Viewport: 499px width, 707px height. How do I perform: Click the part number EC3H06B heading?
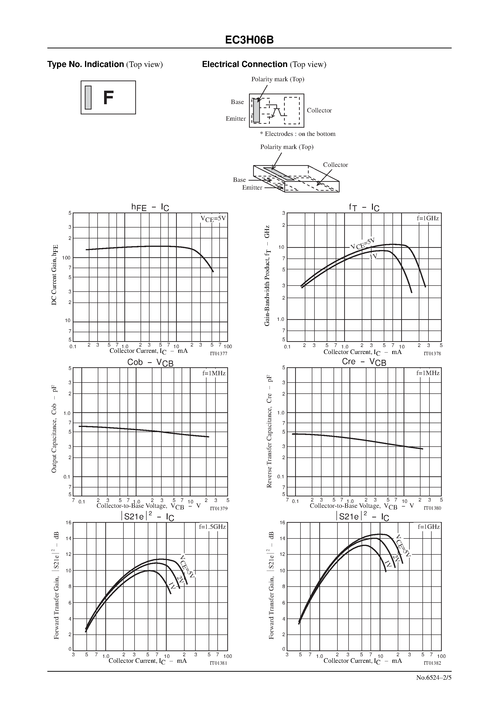[249, 40]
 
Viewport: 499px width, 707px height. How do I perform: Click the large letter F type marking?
[108, 98]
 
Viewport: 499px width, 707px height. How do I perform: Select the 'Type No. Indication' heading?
[86, 64]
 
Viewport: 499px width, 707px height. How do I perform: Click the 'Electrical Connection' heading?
[245, 64]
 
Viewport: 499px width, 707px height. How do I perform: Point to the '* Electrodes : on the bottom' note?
[298, 134]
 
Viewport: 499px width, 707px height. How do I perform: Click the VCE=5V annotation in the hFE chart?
[213, 219]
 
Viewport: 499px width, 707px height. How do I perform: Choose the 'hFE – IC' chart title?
[150, 207]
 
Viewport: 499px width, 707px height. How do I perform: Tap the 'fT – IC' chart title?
[364, 207]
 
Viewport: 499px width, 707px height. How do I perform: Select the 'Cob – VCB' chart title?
[150, 362]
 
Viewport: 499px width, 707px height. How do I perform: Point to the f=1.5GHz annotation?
[212, 527]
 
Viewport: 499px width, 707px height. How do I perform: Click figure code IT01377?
[218, 353]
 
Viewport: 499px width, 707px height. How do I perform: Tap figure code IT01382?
[432, 663]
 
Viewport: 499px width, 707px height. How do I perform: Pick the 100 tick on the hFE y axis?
[66, 258]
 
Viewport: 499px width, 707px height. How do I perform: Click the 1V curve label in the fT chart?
[373, 257]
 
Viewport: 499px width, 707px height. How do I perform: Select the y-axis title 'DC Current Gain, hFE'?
[54, 275]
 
